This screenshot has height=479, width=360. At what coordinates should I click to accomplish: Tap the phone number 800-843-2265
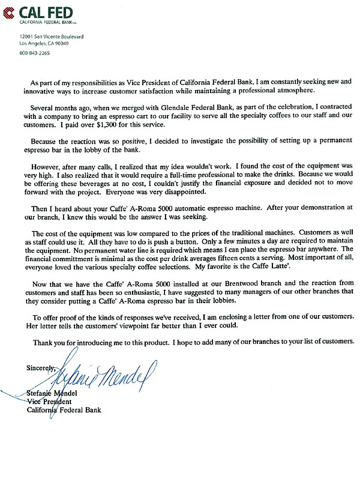coord(35,52)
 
